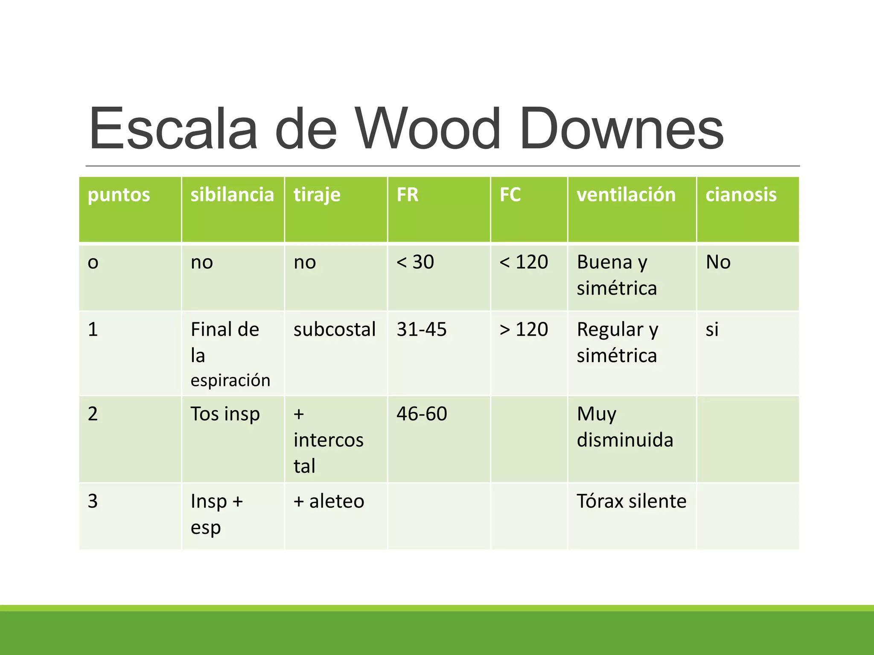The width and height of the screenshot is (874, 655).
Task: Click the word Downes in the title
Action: (621, 129)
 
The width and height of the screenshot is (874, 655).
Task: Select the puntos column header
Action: (119, 195)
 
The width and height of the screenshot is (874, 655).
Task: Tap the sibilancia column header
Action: (232, 195)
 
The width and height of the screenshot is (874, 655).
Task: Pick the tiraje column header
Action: (317, 195)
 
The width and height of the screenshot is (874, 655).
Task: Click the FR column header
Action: (407, 195)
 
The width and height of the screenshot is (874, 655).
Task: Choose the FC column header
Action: (510, 195)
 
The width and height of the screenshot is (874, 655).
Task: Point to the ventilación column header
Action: (626, 195)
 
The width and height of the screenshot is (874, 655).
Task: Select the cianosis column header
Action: (741, 195)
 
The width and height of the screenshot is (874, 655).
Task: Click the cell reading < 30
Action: (415, 262)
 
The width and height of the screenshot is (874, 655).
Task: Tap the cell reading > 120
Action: (524, 329)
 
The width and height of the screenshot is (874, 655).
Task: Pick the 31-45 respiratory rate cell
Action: (421, 329)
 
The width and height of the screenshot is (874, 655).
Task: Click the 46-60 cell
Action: (422, 414)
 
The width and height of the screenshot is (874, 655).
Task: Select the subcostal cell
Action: (334, 329)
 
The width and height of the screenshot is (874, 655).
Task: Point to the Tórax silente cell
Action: (631, 501)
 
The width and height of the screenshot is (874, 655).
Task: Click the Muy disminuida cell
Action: (625, 427)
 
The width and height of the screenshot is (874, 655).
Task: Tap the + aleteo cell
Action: (329, 501)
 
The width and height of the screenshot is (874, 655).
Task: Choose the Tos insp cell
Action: (225, 414)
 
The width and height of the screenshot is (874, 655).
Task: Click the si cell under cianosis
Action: (712, 329)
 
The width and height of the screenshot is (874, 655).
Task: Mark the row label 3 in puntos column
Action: (93, 501)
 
